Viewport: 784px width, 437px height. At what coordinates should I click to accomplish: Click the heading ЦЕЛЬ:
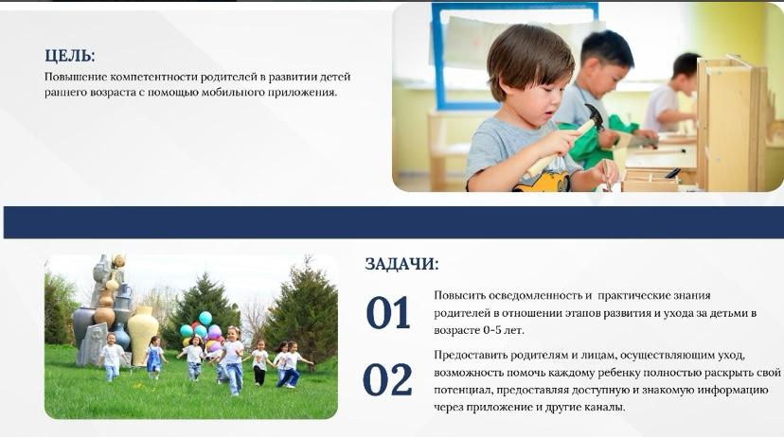69,56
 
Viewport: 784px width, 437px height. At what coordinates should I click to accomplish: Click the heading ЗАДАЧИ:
401,264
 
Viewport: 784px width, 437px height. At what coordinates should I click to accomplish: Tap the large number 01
388,313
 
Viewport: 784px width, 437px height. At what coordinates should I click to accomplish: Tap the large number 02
387,379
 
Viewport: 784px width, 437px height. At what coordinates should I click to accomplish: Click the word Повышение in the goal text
76,77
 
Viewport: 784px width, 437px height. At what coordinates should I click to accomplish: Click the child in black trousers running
259,362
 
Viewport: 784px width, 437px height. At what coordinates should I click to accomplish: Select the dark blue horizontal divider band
393,222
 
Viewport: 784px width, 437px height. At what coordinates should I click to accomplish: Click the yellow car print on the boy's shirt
542,183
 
